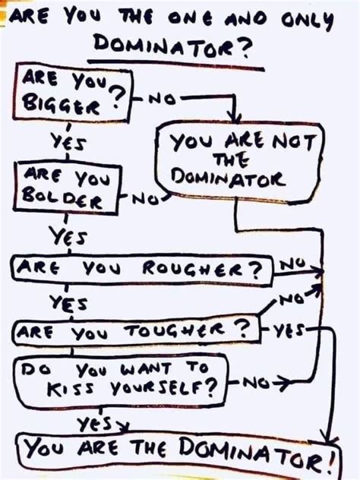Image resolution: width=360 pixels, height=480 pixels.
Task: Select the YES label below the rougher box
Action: (68, 303)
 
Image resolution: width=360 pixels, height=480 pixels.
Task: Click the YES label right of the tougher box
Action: (289, 330)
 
